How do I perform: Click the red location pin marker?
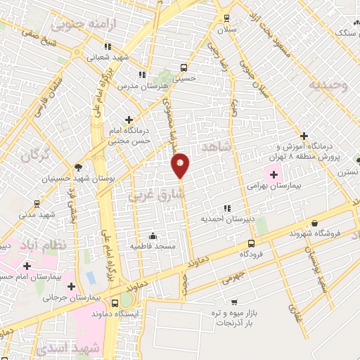(181, 165)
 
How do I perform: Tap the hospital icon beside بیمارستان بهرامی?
(274, 174)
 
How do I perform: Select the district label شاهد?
(215, 146)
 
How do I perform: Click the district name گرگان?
(35, 155)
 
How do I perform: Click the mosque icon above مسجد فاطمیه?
(153, 236)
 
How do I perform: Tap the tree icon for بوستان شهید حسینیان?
(77, 167)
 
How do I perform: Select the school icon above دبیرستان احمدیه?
(226, 208)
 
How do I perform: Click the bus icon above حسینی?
(184, 68)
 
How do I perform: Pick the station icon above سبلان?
(226, 18)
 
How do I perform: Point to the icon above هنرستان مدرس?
(142, 74)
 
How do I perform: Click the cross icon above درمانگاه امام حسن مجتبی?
(129, 120)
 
